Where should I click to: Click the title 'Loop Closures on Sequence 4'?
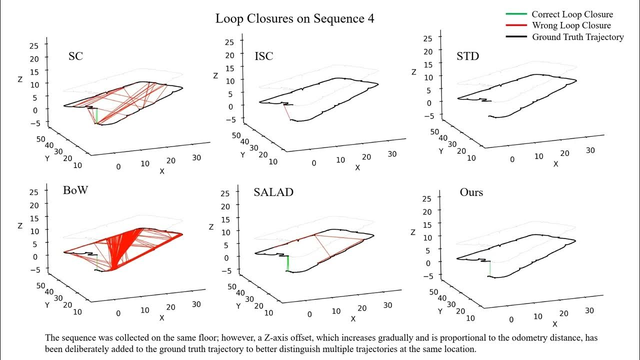click(x=294, y=18)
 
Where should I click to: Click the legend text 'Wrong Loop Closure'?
click(x=571, y=25)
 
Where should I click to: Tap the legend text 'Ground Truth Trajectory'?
click(x=577, y=36)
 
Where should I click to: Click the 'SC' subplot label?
click(x=75, y=56)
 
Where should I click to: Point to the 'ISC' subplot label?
click(x=263, y=56)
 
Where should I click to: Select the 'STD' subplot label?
click(x=467, y=56)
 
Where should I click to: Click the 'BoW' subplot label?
click(x=76, y=191)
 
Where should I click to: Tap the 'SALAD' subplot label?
click(x=273, y=192)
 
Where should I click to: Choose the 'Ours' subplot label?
click(x=471, y=192)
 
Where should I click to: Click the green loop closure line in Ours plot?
click(x=490, y=268)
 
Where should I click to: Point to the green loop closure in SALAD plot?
click(x=287, y=263)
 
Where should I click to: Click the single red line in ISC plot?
click(x=287, y=112)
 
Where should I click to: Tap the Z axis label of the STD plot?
click(x=413, y=72)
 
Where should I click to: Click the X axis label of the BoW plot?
click(x=162, y=318)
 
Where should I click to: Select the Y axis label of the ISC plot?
click(x=242, y=155)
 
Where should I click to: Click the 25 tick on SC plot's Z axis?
click(x=34, y=45)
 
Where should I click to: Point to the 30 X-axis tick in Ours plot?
click(x=589, y=310)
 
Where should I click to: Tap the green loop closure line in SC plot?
click(x=96, y=116)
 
